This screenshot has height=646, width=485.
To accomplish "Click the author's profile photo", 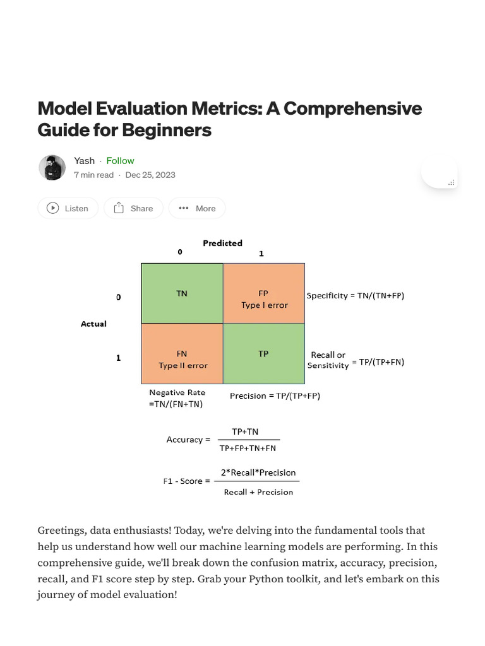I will [x=52, y=167].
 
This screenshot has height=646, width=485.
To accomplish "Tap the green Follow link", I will [x=120, y=161].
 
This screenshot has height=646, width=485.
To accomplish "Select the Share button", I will [x=133, y=208].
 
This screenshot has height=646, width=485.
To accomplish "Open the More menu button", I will [x=197, y=208].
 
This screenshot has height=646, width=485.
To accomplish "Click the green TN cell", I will [x=182, y=293].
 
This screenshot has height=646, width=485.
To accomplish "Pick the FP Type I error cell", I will [x=264, y=299].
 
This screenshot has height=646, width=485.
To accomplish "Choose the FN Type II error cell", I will [x=182, y=360].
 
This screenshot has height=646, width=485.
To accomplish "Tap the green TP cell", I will [x=264, y=354].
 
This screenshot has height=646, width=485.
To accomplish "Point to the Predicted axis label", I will [x=222, y=243].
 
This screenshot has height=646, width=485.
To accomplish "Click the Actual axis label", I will [x=93, y=324].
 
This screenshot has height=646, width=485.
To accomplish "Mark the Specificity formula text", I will [x=355, y=295].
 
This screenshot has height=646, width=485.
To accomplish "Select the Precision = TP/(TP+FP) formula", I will [x=275, y=396].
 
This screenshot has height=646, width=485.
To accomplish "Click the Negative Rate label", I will [x=177, y=392].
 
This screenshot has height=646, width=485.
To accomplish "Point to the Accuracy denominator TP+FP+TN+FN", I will [x=248, y=449].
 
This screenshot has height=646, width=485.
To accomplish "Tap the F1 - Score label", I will [x=183, y=481].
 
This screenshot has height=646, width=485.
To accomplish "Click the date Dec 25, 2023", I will [x=150, y=175].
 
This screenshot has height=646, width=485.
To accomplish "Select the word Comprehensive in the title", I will [x=352, y=108].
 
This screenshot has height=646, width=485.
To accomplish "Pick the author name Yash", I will [x=84, y=161].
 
